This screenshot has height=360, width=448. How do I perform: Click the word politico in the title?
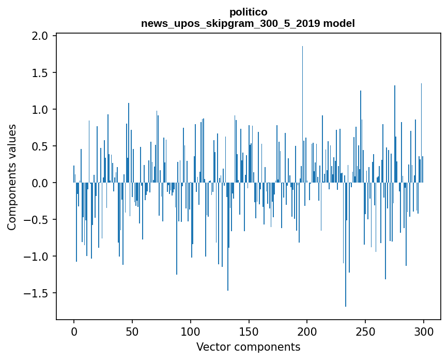click(x=248, y=12)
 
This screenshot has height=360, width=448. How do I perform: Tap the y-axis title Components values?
click(x=12, y=177)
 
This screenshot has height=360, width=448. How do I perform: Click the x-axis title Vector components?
click(x=248, y=347)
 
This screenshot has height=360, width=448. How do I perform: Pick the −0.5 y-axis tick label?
click(x=37, y=220)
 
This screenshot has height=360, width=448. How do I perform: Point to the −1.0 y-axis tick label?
click(x=37, y=257)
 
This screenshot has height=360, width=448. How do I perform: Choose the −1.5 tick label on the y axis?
click(x=37, y=293)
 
